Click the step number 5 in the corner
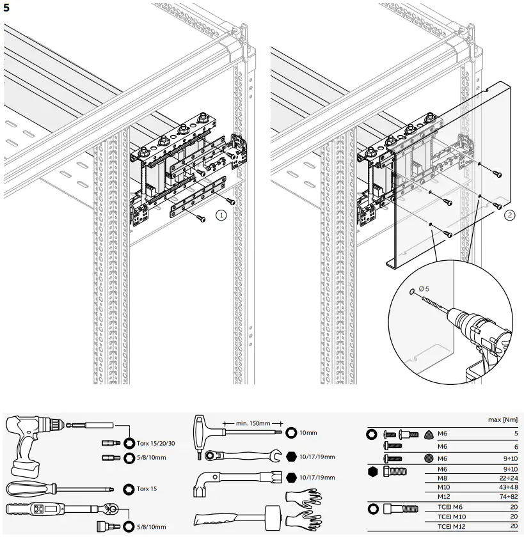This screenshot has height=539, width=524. (x=6, y=8)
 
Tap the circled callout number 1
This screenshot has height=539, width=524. (x=221, y=215)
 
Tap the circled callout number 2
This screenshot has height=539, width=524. (x=509, y=215)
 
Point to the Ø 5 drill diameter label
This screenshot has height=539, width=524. (x=424, y=289)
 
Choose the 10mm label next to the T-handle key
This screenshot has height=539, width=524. (x=308, y=432)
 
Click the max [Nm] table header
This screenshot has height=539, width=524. (x=502, y=419)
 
